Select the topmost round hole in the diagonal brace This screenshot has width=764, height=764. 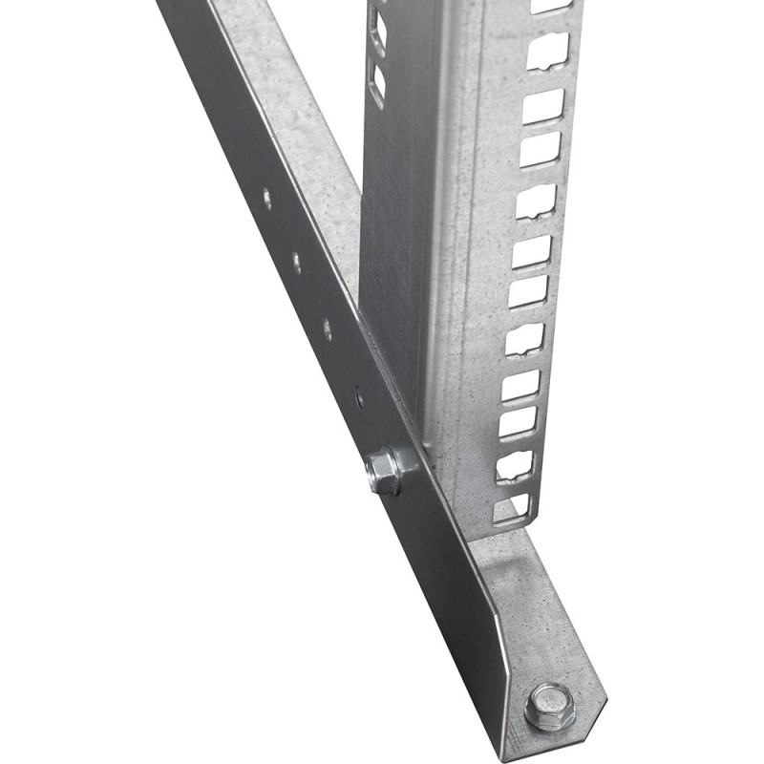coord(266,199)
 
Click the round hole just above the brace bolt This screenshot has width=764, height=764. coord(358,393)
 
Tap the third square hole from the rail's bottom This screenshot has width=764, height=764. coord(519,422)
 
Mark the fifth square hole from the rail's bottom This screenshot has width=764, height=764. coord(524,337)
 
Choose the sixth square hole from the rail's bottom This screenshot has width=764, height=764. coord(528,292)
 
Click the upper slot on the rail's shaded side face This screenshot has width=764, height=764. coord(378,29)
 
